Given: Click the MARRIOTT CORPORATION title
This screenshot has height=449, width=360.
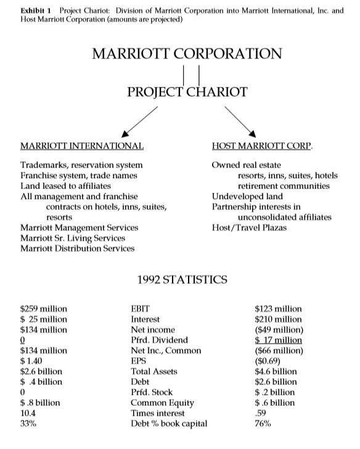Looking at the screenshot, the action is (187, 53).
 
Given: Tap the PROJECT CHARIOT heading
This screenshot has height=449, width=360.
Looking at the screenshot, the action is (187, 92).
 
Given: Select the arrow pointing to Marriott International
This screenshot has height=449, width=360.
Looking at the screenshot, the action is (141, 121).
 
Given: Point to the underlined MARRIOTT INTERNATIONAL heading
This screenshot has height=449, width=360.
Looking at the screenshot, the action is (82, 147).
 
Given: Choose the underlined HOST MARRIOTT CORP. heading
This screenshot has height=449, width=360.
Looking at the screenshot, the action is (262, 147).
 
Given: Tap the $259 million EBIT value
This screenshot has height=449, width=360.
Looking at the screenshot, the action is (44, 309).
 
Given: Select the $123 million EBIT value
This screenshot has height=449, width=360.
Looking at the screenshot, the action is (278, 309).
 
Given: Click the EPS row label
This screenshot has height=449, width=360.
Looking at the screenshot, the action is (138, 361).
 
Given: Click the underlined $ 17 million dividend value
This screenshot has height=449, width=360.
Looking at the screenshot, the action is (278, 340).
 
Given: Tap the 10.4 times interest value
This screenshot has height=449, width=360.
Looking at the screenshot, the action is (28, 413).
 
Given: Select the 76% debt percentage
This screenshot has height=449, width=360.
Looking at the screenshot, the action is (262, 424).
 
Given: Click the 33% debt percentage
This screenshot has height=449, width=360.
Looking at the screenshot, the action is (28, 424).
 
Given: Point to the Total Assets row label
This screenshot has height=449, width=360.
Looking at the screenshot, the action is (153, 371).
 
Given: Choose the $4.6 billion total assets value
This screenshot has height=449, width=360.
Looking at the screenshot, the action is (276, 371).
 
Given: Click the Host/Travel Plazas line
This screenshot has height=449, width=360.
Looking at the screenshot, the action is (248, 227).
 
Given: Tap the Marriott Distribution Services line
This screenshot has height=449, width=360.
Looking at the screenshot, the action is (77, 248).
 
